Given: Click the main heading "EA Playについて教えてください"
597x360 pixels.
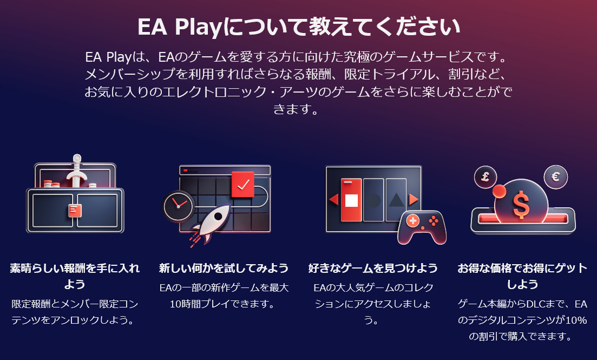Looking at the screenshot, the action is point(299,27).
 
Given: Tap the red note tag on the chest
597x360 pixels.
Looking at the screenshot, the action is point(75,210).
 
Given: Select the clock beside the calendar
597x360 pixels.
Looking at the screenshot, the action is point(178,206).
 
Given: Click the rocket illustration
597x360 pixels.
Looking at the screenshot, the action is point(211,225).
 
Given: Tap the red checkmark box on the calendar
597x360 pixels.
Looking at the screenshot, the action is point(242,185).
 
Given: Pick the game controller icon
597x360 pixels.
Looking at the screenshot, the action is point(422,227).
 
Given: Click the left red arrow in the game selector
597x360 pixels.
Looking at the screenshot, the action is point(334,199).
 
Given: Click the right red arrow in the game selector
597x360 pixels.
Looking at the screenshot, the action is point(413,199).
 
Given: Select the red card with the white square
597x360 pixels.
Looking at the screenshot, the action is point(351,200).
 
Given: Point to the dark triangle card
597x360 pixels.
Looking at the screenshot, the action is point(396,200).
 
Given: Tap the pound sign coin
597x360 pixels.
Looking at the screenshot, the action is point(486,177).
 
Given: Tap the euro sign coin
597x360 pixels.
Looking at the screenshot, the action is point(555,177).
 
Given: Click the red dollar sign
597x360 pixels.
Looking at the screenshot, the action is point(521,205).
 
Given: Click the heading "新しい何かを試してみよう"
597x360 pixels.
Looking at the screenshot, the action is point(224,268).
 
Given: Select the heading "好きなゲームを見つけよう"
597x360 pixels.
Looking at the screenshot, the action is point(373,268).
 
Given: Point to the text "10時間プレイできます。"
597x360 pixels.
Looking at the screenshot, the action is point(221,304).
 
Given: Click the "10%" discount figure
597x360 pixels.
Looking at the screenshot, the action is point(576,320).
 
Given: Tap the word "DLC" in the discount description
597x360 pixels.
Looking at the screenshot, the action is point(537,304).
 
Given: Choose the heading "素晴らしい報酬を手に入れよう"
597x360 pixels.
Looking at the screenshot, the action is point(75,276).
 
